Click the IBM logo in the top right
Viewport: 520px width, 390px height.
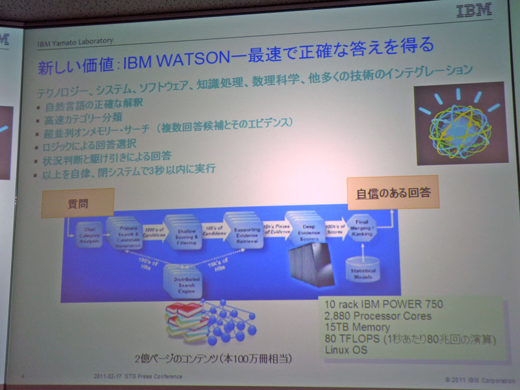474,11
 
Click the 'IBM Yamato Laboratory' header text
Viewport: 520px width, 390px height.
75,43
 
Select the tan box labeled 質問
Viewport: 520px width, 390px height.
77,203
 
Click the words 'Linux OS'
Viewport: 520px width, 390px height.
346,350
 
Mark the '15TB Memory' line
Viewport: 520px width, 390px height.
357,328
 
